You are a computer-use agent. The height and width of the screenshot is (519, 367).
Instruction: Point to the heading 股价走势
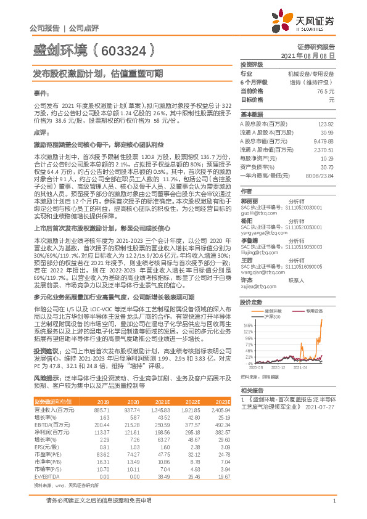point(251,302)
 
